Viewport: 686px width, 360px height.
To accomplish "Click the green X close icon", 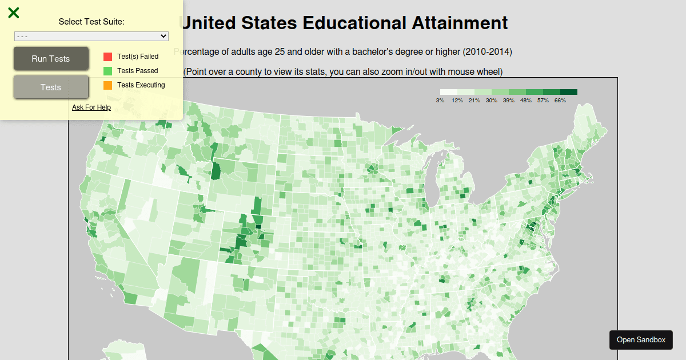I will pyautogui.click(x=14, y=13).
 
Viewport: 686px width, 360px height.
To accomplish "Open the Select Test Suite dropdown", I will pyautogui.click(x=91, y=36).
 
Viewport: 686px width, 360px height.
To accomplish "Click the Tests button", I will pyautogui.click(x=51, y=87).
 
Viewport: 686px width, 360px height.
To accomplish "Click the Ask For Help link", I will pyautogui.click(x=91, y=107).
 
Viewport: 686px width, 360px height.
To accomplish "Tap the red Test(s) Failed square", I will pyautogui.click(x=107, y=57).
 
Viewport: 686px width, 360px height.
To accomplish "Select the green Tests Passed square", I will pyautogui.click(x=107, y=71).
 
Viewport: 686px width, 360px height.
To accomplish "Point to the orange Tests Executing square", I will pyautogui.click(x=107, y=85).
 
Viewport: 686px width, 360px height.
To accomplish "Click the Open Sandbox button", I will pyautogui.click(x=641, y=340).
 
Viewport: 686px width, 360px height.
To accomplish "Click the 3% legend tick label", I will pyautogui.click(x=440, y=101).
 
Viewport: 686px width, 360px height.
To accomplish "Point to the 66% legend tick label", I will pyautogui.click(x=560, y=101).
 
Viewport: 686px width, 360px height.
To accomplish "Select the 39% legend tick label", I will pyautogui.click(x=509, y=101).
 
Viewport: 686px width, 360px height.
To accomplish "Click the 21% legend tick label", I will pyautogui.click(x=474, y=101).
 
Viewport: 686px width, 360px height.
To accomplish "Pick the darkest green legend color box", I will pyautogui.click(x=569, y=92).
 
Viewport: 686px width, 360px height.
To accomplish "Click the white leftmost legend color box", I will pyautogui.click(x=449, y=92).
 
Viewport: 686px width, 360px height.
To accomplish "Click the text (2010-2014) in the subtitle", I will pyautogui.click(x=488, y=52).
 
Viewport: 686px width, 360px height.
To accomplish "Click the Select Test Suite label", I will pyautogui.click(x=91, y=22).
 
